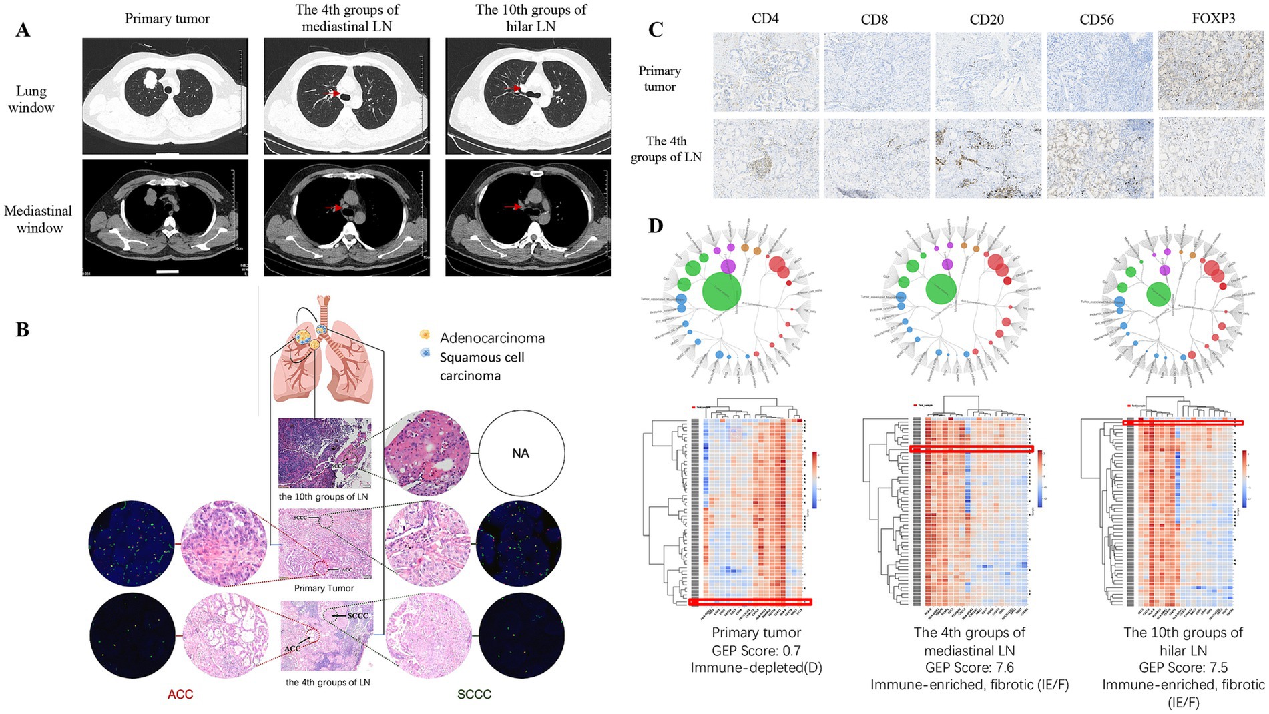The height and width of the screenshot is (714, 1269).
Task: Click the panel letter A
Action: tap(23, 30)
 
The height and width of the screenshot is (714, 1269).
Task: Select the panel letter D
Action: tap(656, 226)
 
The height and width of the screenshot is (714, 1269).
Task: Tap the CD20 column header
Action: tap(986, 19)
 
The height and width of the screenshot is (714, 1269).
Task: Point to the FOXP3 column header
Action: tap(1213, 18)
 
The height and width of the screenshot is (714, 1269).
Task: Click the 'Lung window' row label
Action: tap(31, 99)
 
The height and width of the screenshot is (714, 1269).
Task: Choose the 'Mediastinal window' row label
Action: tap(38, 219)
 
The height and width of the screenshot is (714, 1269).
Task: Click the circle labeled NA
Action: tap(521, 454)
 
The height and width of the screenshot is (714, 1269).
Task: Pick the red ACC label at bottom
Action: tap(180, 694)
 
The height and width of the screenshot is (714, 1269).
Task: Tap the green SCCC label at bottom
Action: tap(474, 694)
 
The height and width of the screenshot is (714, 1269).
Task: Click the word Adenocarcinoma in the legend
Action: tap(492, 338)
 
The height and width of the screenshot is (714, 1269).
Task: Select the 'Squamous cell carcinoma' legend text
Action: tap(481, 366)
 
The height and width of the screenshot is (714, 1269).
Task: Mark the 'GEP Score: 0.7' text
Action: tap(756, 650)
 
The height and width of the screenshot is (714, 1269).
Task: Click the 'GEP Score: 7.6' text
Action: tap(969, 667)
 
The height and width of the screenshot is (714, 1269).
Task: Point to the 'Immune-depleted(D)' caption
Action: tap(756, 667)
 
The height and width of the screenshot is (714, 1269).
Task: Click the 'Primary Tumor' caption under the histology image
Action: tap(324, 588)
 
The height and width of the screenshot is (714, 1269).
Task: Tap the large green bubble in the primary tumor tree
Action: tap(722, 292)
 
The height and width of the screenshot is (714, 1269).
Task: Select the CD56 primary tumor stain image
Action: tap(1099, 71)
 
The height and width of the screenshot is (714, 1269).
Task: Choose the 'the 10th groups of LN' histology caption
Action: tap(323, 497)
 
